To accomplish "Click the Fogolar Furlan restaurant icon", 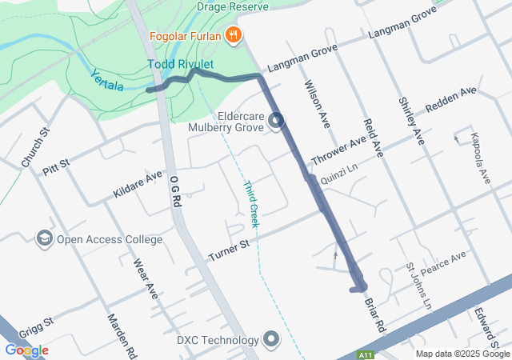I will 234,34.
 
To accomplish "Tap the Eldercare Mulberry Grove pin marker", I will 277,122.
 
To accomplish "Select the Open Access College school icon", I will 44,238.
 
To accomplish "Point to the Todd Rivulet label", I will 181,64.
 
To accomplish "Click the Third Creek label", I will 251,204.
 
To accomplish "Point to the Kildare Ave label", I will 138,185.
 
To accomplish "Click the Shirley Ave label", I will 410,121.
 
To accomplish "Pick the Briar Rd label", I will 375,315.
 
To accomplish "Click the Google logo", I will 26,350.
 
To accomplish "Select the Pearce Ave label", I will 443,262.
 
